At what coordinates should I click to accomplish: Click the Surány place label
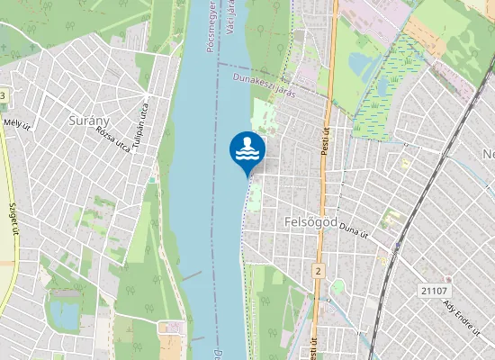pos(89,119)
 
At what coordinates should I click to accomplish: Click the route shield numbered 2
pos(318,270)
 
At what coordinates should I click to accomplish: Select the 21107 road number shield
pos(433,290)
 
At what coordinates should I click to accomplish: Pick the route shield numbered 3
pos(3,96)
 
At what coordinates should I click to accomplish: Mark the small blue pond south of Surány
pos(64,313)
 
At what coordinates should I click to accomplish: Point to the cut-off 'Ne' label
pos(489,153)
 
